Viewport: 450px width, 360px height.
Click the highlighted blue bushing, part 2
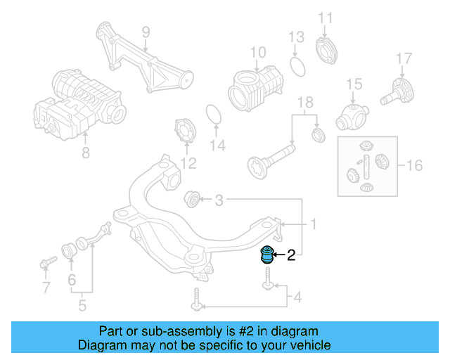pos(266,254)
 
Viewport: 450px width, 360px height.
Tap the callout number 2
pos(290,257)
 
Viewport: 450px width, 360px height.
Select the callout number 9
pos(146,32)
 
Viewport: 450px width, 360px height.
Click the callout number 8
pos(85,151)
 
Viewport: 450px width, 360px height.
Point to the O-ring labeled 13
pos(297,67)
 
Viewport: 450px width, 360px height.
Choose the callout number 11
pos(325,17)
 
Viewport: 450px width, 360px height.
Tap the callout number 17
pos(403,58)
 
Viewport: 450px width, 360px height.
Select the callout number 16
pos(414,166)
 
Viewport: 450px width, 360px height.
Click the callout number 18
pos(304,103)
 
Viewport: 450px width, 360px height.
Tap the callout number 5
pos(82,305)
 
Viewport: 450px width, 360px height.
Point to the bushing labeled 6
pos(71,250)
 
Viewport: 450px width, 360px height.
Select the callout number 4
pos(297,298)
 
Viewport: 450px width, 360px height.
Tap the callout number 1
pos(314,224)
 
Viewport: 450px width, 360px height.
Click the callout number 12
pos(187,165)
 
